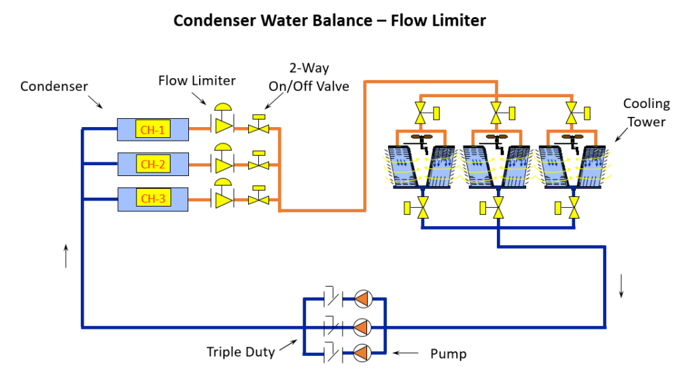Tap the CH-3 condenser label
[x=152, y=199]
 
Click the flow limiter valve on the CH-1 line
[x=222, y=126]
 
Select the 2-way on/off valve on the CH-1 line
[x=258, y=127]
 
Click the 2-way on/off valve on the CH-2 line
[x=258, y=164]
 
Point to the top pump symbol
[x=364, y=298]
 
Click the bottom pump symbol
[x=364, y=352]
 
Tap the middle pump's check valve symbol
[x=332, y=325]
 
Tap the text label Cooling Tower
[x=646, y=112]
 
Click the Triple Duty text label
[x=241, y=351]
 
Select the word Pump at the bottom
[x=449, y=354]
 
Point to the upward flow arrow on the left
[x=66, y=255]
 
